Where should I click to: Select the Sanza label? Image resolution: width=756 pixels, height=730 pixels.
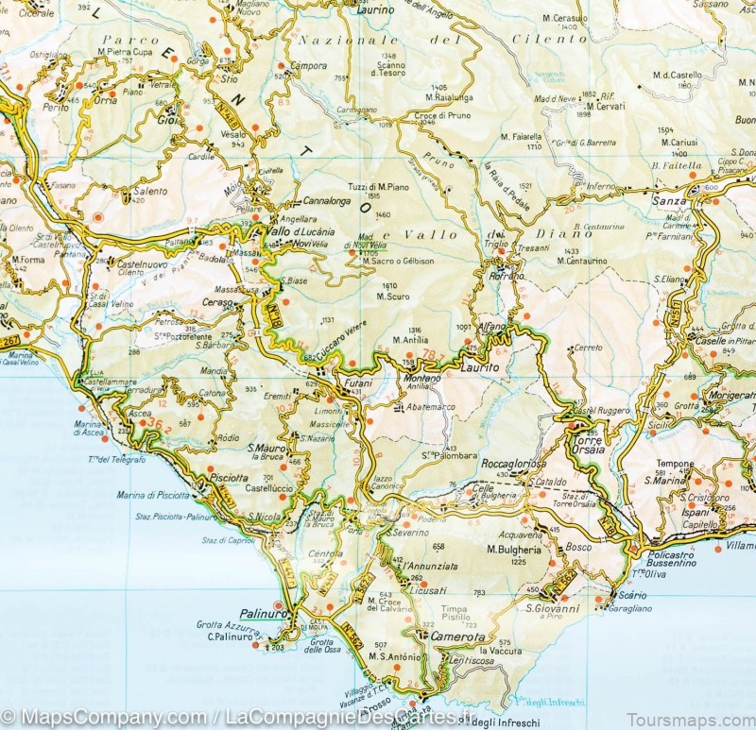[669, 201]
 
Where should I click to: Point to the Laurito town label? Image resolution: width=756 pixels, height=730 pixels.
[479, 367]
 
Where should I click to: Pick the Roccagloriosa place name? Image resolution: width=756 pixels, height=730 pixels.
[514, 466]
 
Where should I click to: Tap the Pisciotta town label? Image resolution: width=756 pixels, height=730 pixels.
[229, 478]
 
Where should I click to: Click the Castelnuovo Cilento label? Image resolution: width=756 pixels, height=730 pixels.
[144, 267]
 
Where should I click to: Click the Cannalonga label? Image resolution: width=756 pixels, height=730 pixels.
[326, 201]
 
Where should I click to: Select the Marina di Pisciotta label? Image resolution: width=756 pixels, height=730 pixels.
[154, 495]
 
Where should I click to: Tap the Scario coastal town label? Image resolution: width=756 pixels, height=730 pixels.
[630, 595]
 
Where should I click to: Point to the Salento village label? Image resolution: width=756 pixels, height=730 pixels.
[149, 191]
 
